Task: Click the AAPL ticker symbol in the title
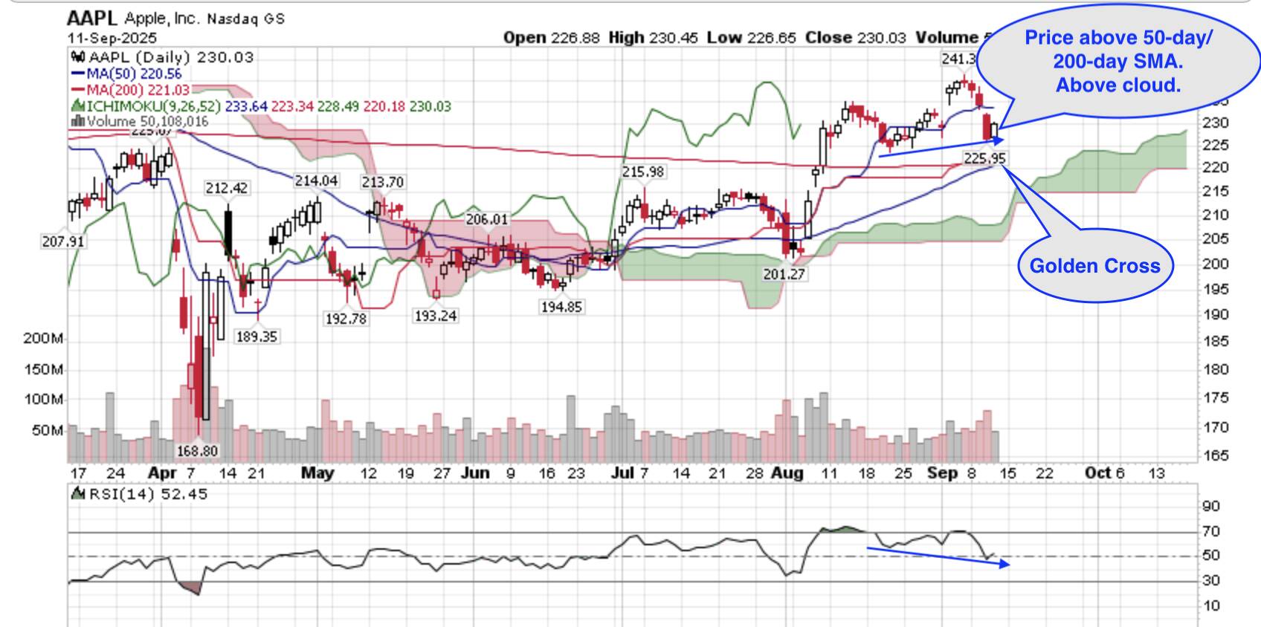(91, 18)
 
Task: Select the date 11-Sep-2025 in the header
(112, 38)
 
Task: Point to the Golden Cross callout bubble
(1094, 266)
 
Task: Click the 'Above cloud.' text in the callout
(1118, 85)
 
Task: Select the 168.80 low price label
(198, 451)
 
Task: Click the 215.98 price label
(643, 172)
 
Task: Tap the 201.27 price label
(784, 274)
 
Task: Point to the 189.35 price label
(257, 337)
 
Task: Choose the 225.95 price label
(984, 158)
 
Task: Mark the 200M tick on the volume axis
(43, 339)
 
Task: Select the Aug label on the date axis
(787, 473)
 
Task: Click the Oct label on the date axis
(1097, 473)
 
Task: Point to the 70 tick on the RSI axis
(1211, 531)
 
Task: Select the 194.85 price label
(561, 307)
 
